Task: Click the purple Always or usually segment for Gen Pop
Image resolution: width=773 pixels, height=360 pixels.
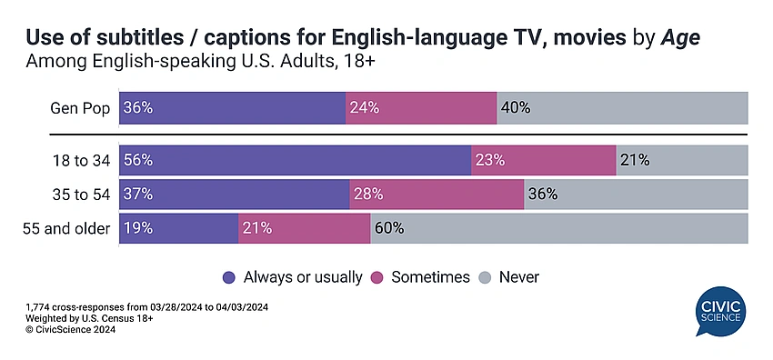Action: click(x=232, y=108)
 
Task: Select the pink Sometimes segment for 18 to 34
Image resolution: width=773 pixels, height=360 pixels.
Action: click(x=544, y=160)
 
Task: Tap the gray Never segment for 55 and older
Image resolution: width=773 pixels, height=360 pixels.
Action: click(x=559, y=228)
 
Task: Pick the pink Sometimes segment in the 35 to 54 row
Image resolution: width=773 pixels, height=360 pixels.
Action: click(x=437, y=194)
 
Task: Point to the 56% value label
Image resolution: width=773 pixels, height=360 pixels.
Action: click(x=138, y=161)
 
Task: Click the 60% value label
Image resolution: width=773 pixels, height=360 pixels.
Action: click(x=389, y=228)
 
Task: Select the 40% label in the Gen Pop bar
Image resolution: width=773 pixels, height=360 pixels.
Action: click(x=516, y=108)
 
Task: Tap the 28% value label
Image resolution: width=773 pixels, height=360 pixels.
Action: click(x=368, y=195)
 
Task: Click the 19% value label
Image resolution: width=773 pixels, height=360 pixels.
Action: click(x=138, y=228)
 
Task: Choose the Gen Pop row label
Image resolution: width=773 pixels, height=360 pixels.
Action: click(x=80, y=108)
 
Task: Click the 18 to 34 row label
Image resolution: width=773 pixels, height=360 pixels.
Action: click(x=81, y=161)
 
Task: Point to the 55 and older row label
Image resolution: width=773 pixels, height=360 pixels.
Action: click(x=66, y=228)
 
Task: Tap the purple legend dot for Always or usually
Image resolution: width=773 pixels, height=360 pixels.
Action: click(x=229, y=278)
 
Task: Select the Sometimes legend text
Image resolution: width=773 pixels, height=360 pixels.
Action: click(x=430, y=277)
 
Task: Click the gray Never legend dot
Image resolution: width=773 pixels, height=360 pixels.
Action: click(x=485, y=278)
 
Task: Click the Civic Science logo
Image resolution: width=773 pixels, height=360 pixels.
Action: click(x=720, y=311)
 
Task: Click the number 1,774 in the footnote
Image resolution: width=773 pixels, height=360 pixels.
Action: click(x=36, y=308)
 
